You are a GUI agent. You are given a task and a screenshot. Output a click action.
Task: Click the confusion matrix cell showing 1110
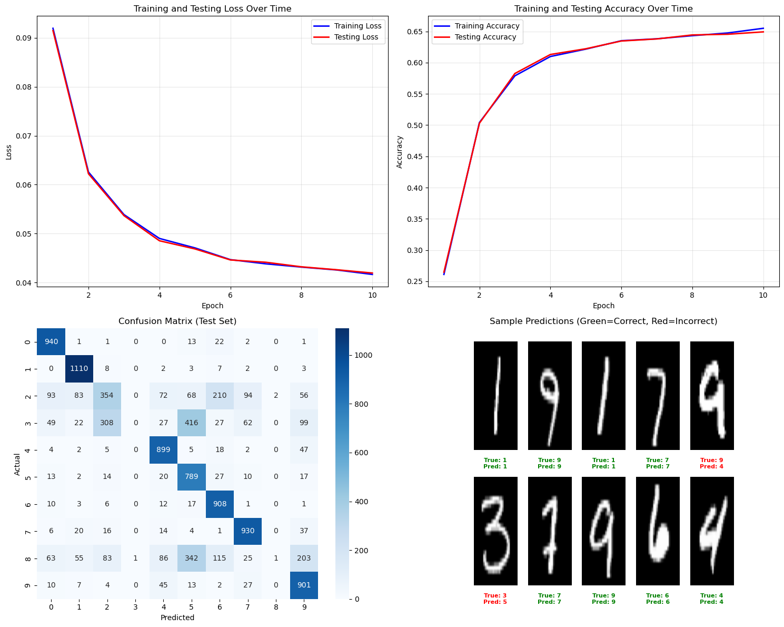79,368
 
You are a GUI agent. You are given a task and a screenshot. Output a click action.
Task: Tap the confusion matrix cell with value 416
192,423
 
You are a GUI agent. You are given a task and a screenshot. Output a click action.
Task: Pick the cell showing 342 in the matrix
192,558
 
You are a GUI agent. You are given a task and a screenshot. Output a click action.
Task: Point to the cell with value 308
107,423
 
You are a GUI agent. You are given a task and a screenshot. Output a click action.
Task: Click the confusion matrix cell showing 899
163,449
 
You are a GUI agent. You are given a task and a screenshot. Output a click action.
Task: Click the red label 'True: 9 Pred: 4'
711,463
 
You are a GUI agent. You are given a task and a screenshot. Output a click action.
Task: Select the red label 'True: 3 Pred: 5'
495,599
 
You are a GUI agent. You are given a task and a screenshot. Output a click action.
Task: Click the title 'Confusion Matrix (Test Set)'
177,321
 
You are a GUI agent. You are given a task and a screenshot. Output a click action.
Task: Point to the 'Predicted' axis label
177,618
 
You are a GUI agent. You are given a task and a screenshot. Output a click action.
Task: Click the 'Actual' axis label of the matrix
17,464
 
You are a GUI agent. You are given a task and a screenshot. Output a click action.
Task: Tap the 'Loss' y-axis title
8,152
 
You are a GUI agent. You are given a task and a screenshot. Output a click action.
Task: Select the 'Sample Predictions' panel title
603,321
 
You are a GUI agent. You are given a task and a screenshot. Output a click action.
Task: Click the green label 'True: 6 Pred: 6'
658,599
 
